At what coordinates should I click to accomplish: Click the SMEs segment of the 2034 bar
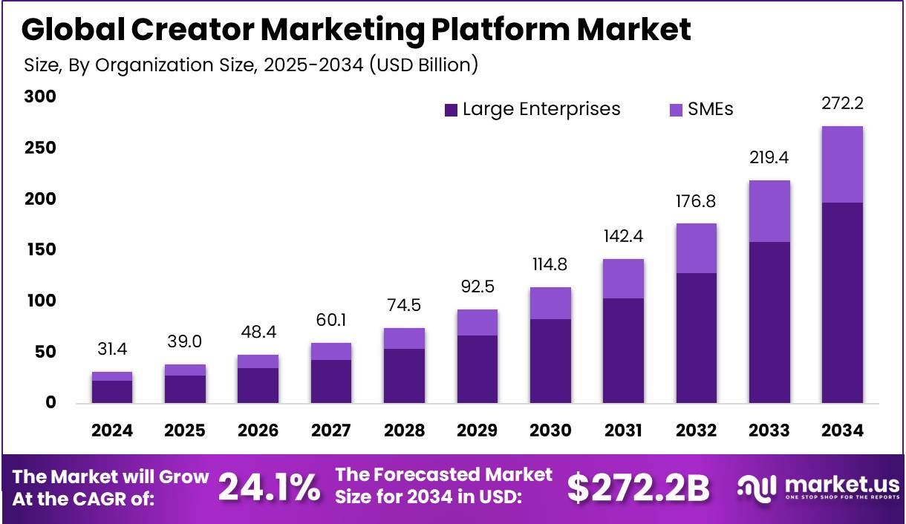pyautogui.click(x=842, y=164)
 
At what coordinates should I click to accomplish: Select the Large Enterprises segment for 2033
pyautogui.click(x=769, y=322)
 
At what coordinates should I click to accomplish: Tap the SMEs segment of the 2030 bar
pyautogui.click(x=550, y=303)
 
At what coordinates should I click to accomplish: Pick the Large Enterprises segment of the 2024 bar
pyautogui.click(x=112, y=391)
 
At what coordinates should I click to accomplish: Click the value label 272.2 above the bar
pyautogui.click(x=842, y=103)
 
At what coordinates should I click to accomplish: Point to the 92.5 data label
pyautogui.click(x=478, y=286)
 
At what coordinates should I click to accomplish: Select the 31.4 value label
pyautogui.click(x=112, y=349)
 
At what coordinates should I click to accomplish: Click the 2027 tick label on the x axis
pyautogui.click(x=331, y=430)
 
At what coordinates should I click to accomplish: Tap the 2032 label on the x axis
pyautogui.click(x=696, y=430)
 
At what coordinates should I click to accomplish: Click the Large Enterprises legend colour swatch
pyautogui.click(x=451, y=110)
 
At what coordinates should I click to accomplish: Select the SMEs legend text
pyautogui.click(x=710, y=109)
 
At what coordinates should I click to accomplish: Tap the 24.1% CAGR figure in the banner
pyautogui.click(x=269, y=488)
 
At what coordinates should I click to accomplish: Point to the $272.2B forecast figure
pyautogui.click(x=638, y=488)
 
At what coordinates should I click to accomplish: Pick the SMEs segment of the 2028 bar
pyautogui.click(x=404, y=338)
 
